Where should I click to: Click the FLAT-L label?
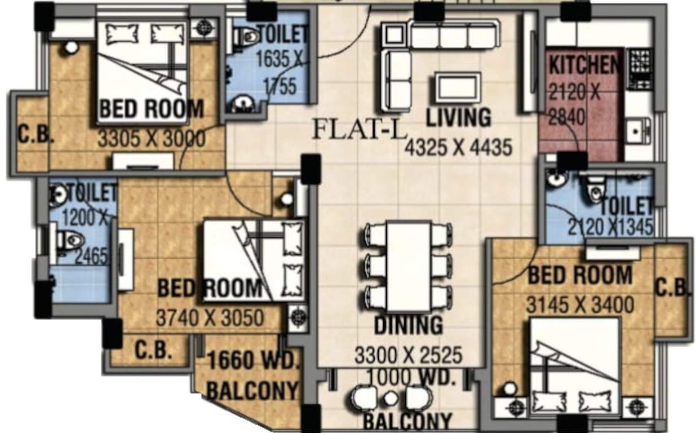tap(359, 130)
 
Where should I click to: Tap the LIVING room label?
tap(458, 118)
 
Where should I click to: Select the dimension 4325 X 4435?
tap(458, 147)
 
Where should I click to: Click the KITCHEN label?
tap(585, 65)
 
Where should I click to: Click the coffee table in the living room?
tap(458, 88)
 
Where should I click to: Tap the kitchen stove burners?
tap(639, 67)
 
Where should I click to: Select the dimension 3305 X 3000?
tap(151, 138)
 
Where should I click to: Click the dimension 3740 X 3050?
tap(209, 318)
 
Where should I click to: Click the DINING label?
tap(409, 325)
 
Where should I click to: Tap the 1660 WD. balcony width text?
tap(252, 361)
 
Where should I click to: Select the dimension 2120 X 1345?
tap(610, 227)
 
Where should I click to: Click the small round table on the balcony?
tap(391, 398)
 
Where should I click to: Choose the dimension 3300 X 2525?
tap(408, 355)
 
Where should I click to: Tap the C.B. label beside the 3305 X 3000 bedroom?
tap(36, 135)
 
